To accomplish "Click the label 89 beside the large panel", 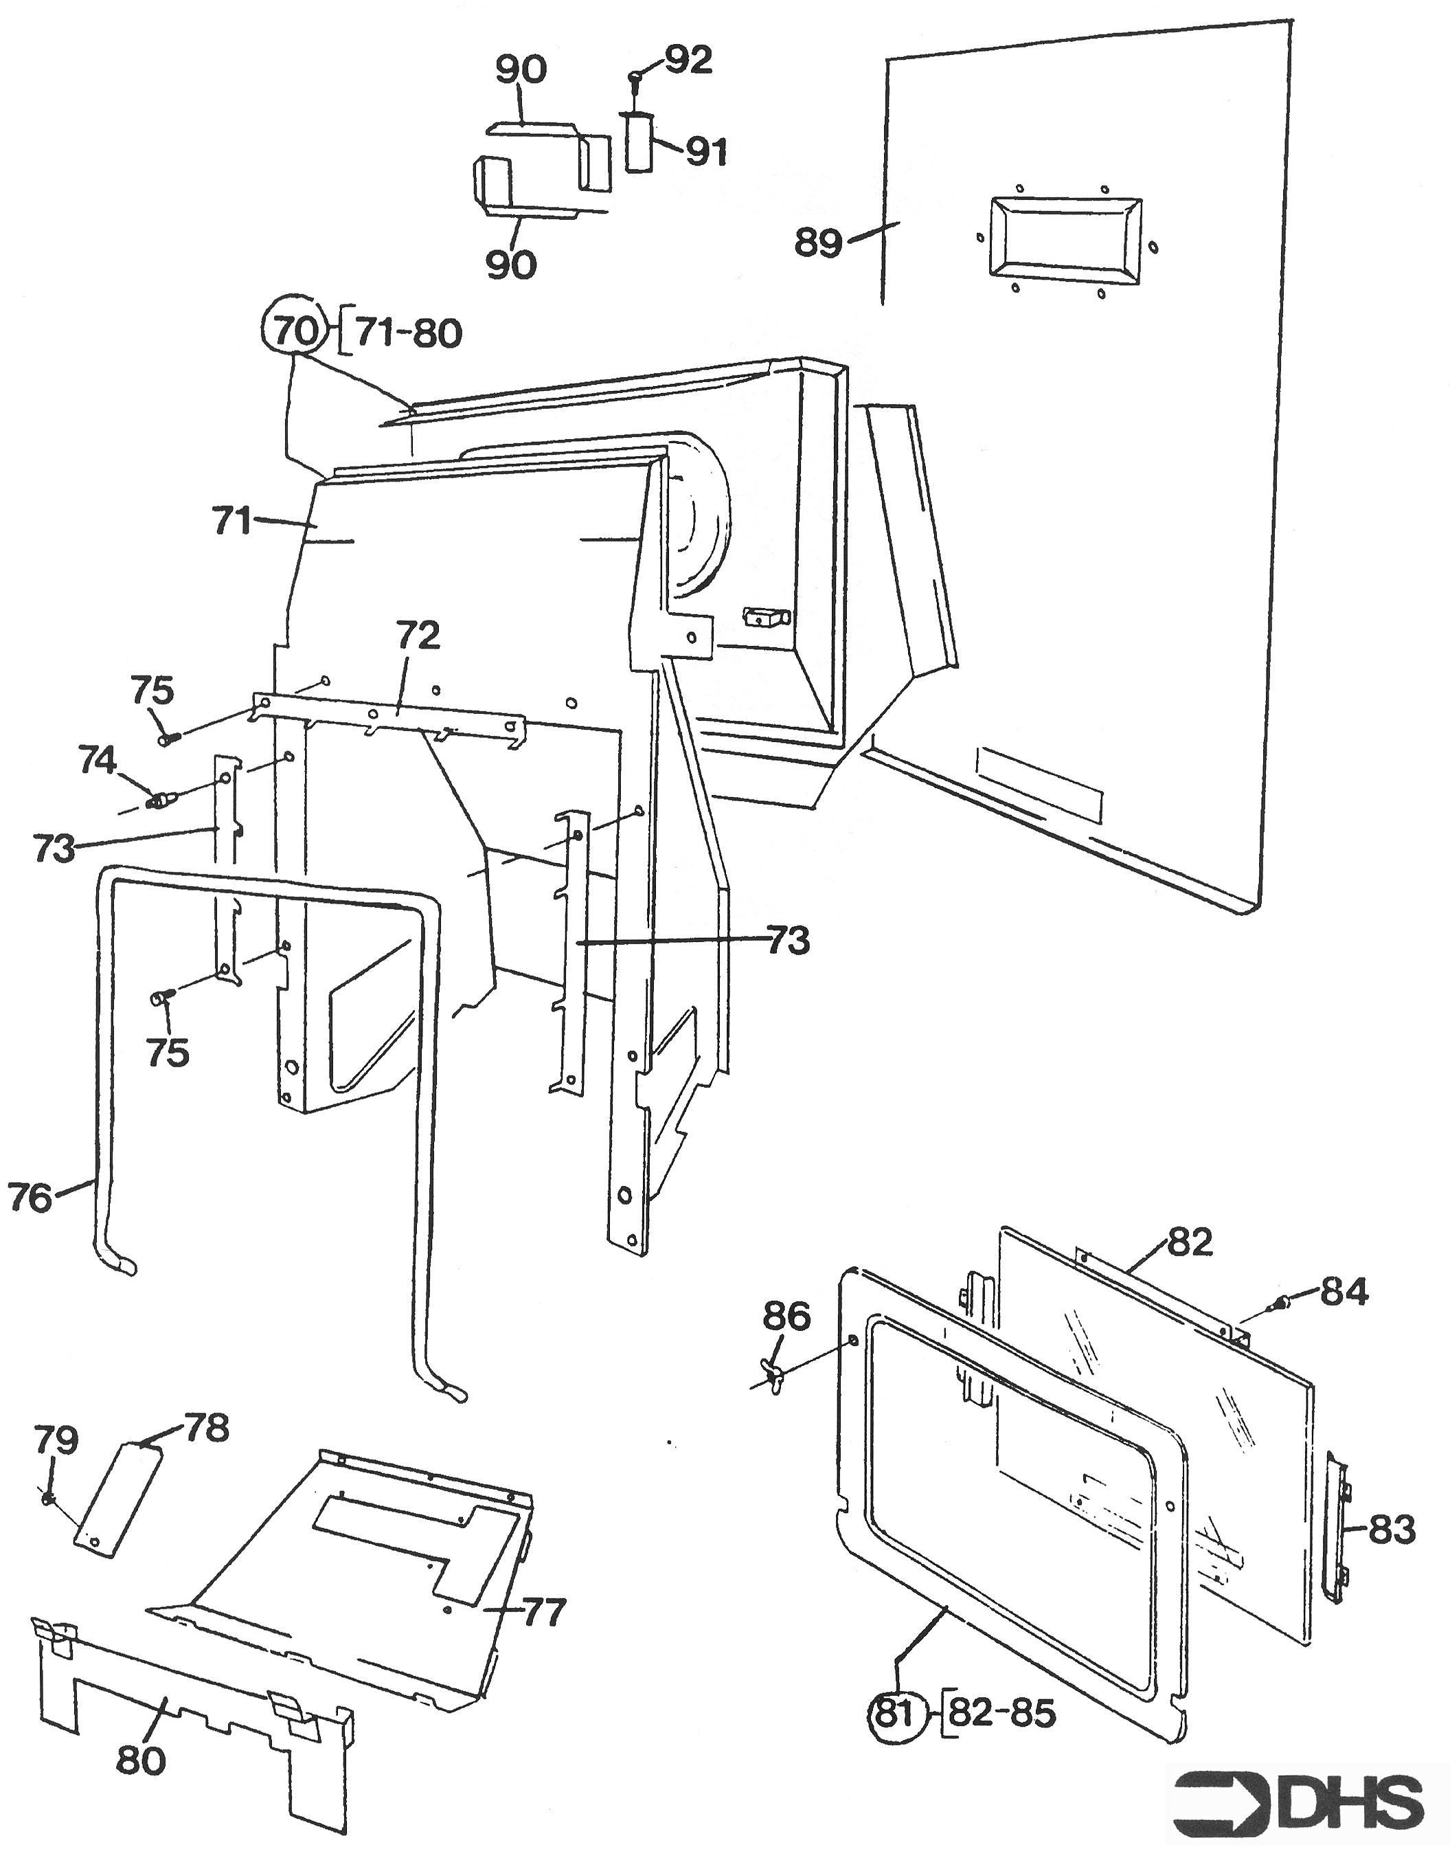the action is click(x=818, y=243).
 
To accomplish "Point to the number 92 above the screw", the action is click(x=688, y=60).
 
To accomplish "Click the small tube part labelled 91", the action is click(x=639, y=142).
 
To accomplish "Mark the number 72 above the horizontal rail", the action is click(x=418, y=635).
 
